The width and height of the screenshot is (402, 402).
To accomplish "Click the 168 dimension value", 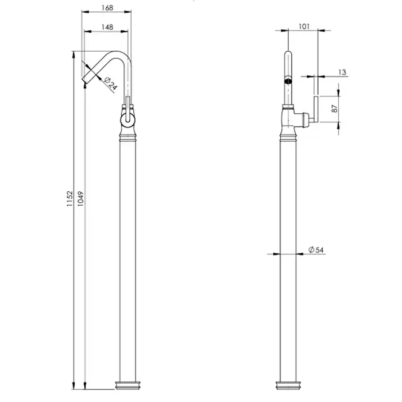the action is pos(107,8).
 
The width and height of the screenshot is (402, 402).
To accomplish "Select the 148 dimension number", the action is pos(107,27).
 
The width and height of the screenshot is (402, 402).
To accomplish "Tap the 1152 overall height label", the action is pos(69,199).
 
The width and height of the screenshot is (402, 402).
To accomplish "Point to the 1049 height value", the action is pos(80,199).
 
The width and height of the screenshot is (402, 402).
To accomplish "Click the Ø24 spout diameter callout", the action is pos(111,84).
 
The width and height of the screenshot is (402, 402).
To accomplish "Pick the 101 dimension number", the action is pos(304,26).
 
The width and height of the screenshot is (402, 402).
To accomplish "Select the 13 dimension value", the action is pos(342,72).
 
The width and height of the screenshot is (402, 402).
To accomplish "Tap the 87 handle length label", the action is pos(335,109).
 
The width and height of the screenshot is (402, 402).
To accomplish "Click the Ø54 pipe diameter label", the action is pos(316,249).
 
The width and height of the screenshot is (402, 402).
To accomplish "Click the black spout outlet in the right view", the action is pos(288,82).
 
